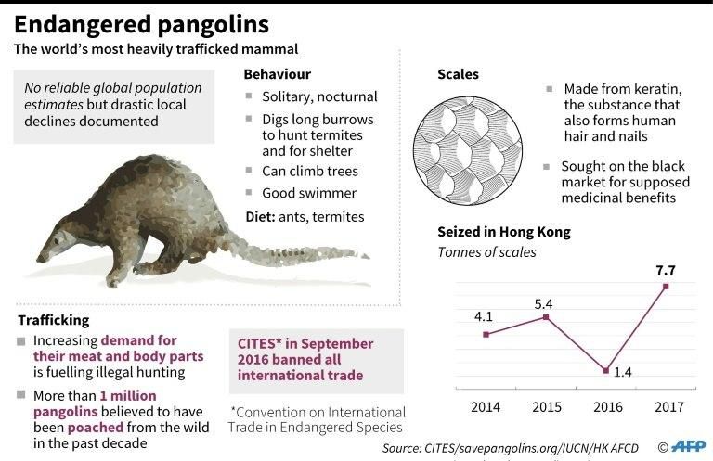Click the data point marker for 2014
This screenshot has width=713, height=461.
(486, 334)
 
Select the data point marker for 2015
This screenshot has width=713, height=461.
(546, 317)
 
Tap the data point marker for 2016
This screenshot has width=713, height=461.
(605, 371)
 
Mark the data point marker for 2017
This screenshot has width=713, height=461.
(666, 287)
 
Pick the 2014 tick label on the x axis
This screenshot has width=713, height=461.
(486, 406)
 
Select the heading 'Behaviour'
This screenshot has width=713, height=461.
(277, 74)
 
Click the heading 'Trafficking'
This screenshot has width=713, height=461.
(56, 320)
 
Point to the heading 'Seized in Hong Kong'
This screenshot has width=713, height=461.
(503, 232)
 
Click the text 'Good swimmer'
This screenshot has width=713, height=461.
(309, 193)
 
